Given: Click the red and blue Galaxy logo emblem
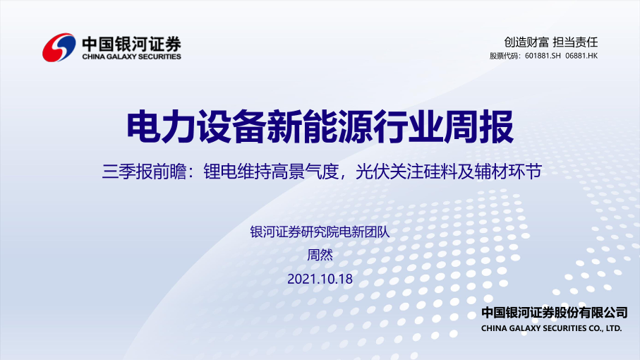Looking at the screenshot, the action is (59, 47).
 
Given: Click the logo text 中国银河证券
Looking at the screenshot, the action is (131, 44).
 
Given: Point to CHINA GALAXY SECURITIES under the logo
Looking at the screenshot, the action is (131, 56).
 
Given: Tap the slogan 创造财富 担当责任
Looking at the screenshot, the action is (550, 42).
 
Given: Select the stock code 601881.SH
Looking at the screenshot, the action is (543, 56).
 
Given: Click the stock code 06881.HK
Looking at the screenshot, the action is (581, 56).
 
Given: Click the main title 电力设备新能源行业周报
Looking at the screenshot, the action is (320, 126).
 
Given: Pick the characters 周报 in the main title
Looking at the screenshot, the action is (478, 126).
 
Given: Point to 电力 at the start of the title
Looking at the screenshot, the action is (161, 126).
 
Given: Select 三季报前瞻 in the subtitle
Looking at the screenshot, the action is (144, 172).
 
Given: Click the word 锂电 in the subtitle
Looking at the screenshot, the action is (220, 172).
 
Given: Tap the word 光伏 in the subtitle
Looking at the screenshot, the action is (373, 172).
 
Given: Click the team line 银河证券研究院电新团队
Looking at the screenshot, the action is (320, 232).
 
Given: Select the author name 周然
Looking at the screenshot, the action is (320, 255).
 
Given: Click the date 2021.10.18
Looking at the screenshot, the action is (320, 280).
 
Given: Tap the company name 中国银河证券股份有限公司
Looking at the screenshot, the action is (555, 313).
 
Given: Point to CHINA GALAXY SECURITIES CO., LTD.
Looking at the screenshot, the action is (551, 328).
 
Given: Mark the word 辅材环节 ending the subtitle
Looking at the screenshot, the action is (508, 172).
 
